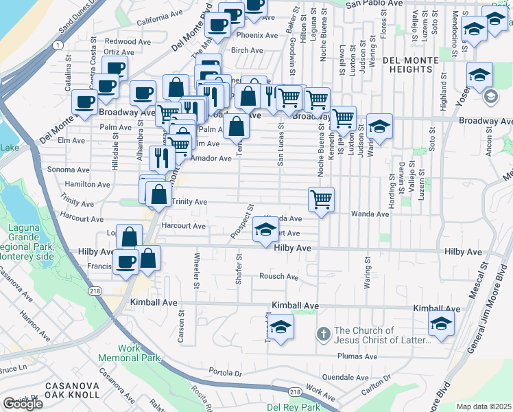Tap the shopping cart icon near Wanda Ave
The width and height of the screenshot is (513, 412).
point(321,200)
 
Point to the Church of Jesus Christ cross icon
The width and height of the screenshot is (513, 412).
point(324,334)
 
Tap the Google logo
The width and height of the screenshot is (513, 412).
point(22,404)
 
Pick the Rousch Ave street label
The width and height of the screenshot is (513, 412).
point(278,277)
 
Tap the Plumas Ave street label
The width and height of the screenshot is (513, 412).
point(357,356)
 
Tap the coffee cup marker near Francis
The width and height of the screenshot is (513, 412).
point(126,262)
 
